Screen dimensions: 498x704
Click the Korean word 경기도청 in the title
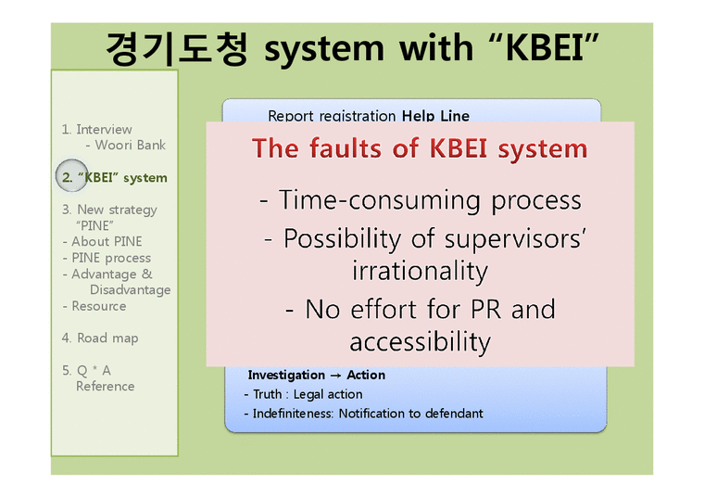(x=176, y=47)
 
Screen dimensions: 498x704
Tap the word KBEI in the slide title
(x=547, y=47)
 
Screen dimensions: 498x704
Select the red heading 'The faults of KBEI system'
(x=420, y=148)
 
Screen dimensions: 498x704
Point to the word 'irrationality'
(x=420, y=271)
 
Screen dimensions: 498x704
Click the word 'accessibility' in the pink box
(x=420, y=341)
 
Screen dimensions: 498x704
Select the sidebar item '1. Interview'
(x=97, y=129)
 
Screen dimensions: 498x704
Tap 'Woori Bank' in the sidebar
(x=131, y=145)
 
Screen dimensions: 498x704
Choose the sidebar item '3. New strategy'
(x=109, y=210)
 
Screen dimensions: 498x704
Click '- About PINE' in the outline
(x=102, y=241)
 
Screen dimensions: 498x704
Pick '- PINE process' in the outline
(x=106, y=258)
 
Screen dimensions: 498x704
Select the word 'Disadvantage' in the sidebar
(x=130, y=289)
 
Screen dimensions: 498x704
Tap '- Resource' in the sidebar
(x=94, y=306)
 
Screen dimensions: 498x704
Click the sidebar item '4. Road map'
(x=100, y=338)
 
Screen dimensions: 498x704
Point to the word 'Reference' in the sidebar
(x=105, y=386)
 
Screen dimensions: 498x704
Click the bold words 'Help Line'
(x=435, y=116)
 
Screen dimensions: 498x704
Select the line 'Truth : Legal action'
(x=303, y=394)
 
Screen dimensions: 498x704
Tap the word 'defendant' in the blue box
(x=449, y=413)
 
